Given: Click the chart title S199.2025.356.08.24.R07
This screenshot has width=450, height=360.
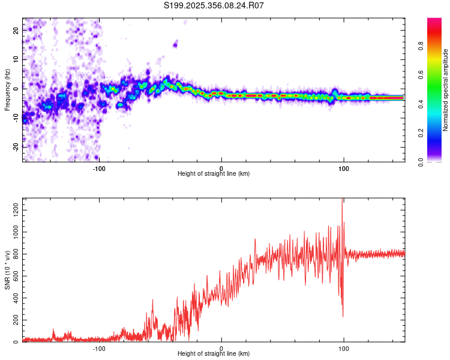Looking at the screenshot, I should (214, 5).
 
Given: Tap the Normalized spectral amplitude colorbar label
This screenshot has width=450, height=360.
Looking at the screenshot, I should (445, 90).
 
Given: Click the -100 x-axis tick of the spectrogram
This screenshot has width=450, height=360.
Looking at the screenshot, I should (100, 167).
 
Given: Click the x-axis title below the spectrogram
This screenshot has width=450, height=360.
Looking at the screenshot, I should (214, 174).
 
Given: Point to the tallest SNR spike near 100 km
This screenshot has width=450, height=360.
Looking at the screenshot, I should (342, 200).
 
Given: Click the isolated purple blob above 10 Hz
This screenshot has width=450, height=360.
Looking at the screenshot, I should (176, 44).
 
